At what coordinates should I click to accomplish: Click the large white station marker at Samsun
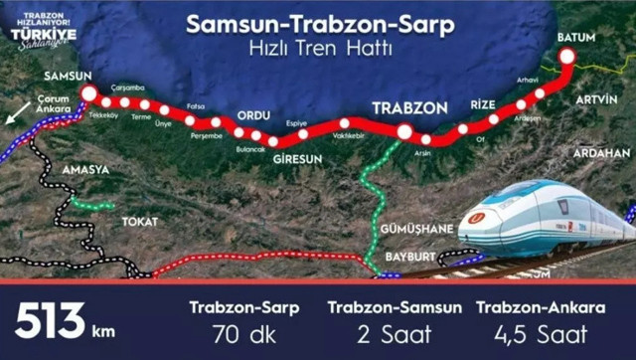88,93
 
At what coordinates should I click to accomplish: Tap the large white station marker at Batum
567,57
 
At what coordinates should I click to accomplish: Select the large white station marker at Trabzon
404,130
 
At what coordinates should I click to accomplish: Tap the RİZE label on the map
482,106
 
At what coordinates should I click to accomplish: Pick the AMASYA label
85,170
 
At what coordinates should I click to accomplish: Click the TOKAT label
139,221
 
